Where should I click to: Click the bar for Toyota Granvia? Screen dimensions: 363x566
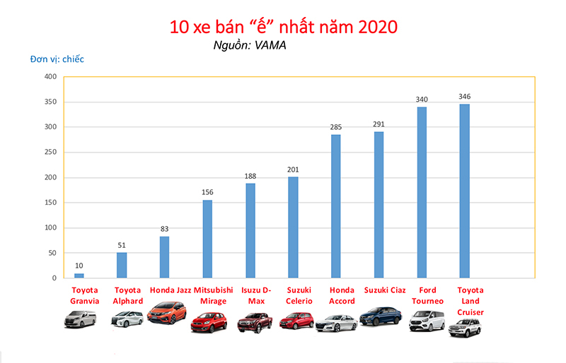[x=79, y=275]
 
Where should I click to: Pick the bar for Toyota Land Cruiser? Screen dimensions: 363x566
[x=464, y=191]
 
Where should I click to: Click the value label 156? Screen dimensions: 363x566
[x=207, y=192]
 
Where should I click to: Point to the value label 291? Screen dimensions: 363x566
[x=379, y=124]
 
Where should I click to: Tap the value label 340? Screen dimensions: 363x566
[x=422, y=100]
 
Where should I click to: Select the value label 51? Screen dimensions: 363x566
[x=122, y=245]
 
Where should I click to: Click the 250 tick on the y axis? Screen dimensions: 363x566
[x=50, y=153]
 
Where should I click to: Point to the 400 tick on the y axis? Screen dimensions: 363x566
[x=50, y=77]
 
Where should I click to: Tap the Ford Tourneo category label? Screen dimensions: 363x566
[x=427, y=295]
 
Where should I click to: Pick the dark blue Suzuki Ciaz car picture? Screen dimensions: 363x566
[x=381, y=316]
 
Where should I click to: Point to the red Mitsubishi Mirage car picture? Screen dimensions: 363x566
[x=207, y=322]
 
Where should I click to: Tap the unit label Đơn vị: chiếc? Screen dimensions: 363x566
[x=57, y=59]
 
